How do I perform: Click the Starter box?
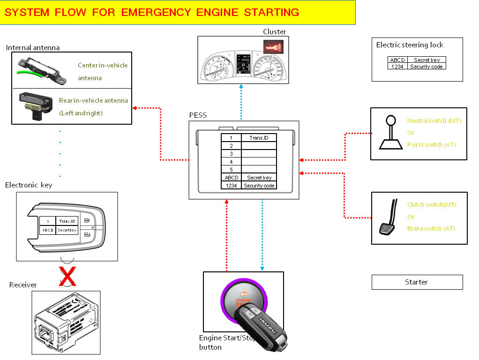coord(417,282)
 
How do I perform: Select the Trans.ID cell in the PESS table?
coord(259,138)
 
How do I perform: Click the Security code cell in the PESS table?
coord(259,186)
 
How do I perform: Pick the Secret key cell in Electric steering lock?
coord(427,60)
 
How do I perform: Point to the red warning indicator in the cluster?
coord(274,47)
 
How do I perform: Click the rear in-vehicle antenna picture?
coord(34,107)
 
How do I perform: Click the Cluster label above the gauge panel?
coord(274,32)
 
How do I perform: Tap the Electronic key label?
coord(29,185)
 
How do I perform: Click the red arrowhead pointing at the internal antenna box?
coord(135,108)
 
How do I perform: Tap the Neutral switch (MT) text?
coord(434,121)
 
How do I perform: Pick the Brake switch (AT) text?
coord(431,229)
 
